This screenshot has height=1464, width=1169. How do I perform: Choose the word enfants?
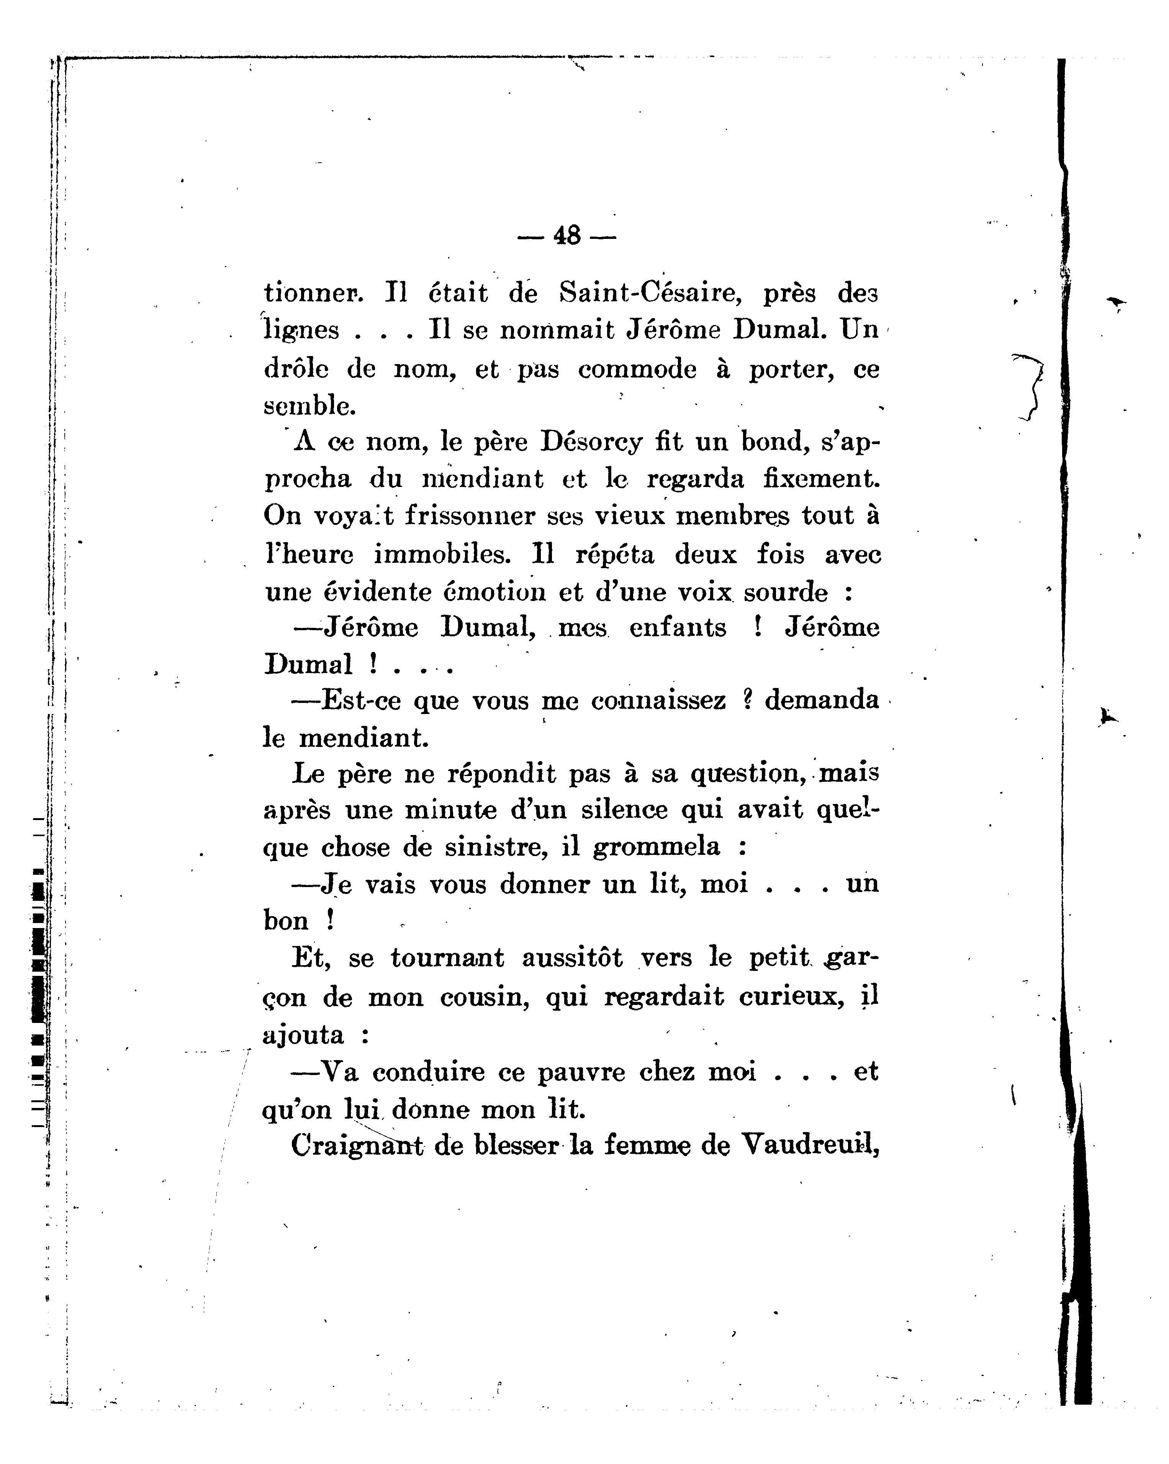pyautogui.click(x=678, y=627)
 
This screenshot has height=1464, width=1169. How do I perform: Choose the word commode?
pyautogui.click(x=637, y=369)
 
